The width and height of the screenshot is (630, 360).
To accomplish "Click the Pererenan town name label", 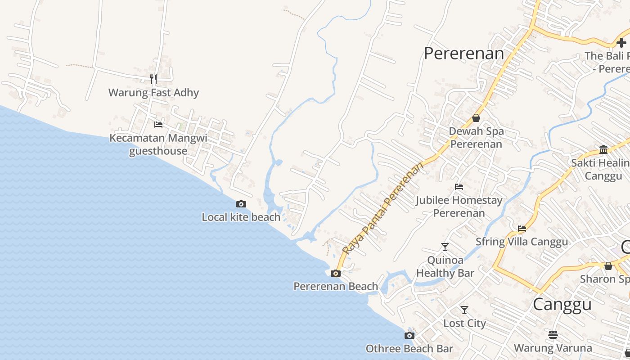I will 464,54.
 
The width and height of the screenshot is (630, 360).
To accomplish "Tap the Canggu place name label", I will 562,305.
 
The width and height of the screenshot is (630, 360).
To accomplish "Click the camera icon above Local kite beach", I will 241,204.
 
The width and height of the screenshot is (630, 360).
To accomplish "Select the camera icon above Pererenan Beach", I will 336,273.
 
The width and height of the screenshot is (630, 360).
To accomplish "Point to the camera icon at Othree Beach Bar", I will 409,335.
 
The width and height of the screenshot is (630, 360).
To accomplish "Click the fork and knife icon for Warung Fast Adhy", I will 153,79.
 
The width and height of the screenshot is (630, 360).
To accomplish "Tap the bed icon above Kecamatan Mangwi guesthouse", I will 158,124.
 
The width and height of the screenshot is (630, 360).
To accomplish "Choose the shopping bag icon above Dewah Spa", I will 476,118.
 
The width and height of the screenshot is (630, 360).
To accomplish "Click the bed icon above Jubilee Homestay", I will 459,186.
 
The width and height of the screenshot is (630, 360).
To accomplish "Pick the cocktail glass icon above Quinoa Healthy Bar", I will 445,247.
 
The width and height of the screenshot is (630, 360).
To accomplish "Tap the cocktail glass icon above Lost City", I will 464,310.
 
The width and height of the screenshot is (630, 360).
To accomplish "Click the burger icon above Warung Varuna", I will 553,335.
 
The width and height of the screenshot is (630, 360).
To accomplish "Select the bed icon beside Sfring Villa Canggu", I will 522,229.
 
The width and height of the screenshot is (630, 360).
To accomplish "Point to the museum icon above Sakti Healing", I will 603,149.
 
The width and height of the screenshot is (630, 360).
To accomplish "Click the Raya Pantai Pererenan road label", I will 383,208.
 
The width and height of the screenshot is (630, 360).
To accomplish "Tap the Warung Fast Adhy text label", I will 153,93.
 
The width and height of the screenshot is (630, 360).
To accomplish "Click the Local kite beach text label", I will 241,217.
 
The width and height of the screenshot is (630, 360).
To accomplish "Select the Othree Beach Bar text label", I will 409,349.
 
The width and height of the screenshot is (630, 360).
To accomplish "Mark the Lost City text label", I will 465,324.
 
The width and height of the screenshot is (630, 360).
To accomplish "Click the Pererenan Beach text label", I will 336,287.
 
